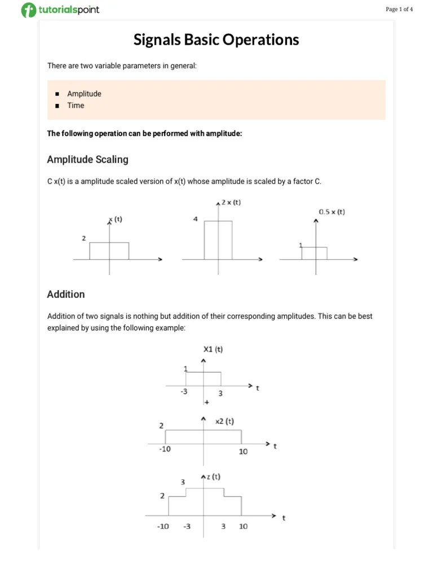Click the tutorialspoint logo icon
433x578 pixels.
(x=28, y=10)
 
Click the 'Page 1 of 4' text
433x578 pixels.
(x=399, y=9)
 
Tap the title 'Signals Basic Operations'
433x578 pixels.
(x=216, y=40)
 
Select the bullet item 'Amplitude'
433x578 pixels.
(x=84, y=94)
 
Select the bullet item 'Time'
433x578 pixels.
(x=76, y=106)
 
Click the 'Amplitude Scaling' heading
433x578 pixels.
(x=87, y=160)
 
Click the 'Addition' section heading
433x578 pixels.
(x=66, y=294)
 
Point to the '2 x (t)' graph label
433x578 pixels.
(x=231, y=202)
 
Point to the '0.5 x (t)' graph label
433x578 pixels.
(x=332, y=212)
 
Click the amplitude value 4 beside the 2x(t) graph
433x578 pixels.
(x=195, y=219)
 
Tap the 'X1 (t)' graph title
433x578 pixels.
(x=213, y=349)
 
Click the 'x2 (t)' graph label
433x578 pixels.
(x=224, y=421)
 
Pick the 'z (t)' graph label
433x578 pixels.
(x=213, y=476)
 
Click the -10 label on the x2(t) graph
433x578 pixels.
(x=165, y=449)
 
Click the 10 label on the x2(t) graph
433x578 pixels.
(x=243, y=452)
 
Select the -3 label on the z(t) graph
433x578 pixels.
(x=187, y=526)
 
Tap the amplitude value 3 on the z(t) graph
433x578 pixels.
(x=183, y=482)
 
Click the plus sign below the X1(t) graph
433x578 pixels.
(x=207, y=402)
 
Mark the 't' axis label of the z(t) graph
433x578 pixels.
(x=284, y=517)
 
